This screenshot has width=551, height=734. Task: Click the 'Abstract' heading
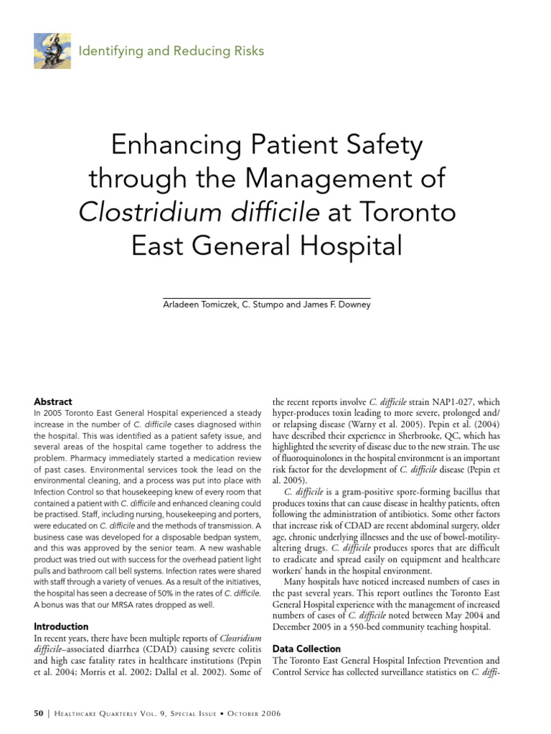tap(53, 401)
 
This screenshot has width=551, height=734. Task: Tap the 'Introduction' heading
tap(62, 626)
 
